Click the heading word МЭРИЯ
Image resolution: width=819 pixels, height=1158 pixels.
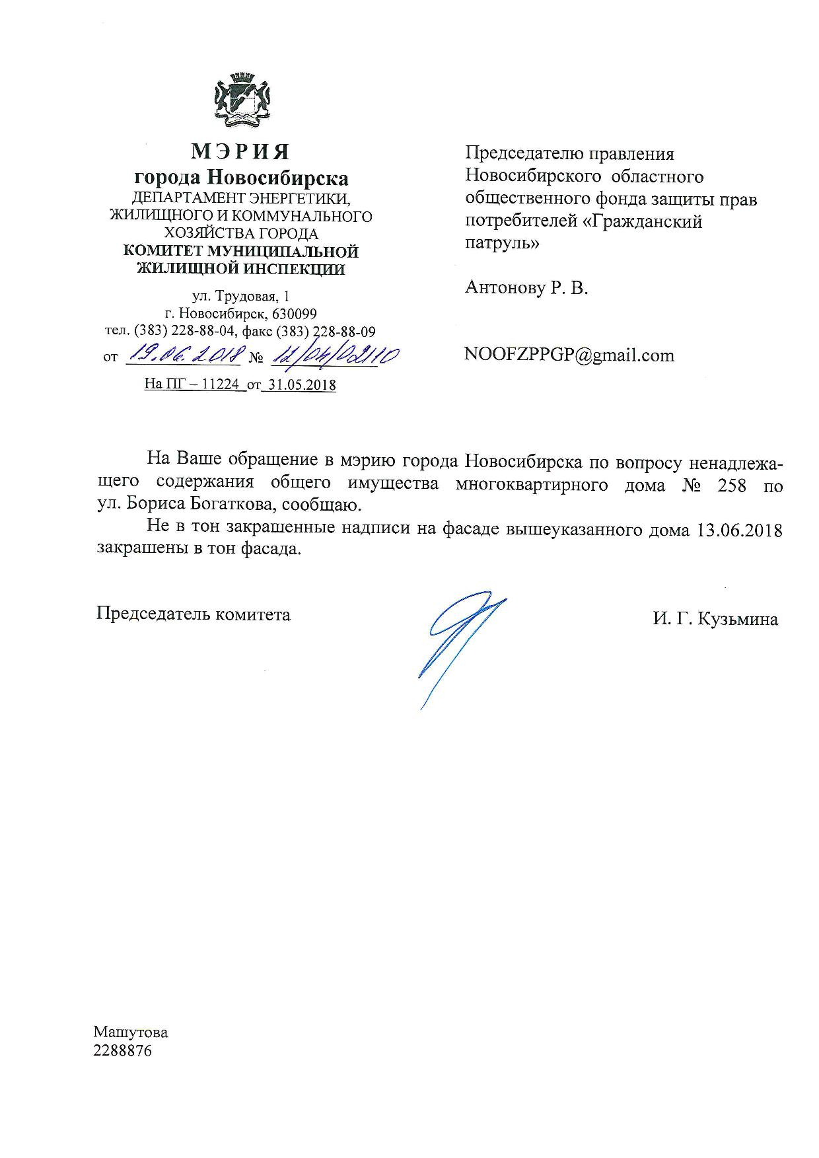[x=240, y=153]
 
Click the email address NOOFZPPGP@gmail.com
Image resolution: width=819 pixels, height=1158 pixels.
[x=569, y=355]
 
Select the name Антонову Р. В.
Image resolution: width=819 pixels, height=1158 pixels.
[x=526, y=288]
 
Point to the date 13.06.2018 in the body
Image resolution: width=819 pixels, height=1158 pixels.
[x=740, y=530]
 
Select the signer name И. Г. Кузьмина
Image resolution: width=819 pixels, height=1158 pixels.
[x=716, y=620]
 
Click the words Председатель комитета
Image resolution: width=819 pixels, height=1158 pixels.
[x=194, y=614]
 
